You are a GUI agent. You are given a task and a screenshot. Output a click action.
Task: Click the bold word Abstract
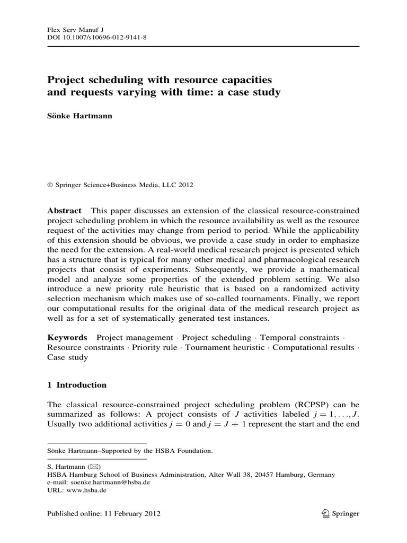coord(64,211)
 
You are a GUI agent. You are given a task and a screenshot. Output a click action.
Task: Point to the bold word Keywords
coord(67,337)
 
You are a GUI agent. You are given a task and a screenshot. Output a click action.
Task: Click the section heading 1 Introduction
coord(77,385)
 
